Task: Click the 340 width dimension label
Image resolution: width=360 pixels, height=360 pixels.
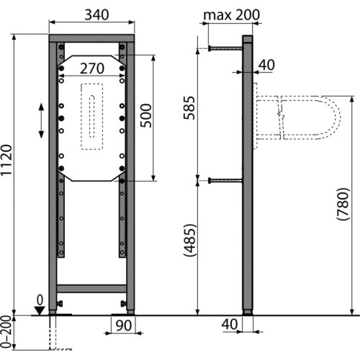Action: [96, 14]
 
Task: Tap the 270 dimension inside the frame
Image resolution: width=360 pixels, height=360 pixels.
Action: [92, 68]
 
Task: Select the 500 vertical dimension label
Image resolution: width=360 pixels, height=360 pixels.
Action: [146, 116]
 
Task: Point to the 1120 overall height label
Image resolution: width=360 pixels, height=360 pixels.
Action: [6, 160]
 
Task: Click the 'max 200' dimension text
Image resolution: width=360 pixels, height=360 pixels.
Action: [231, 15]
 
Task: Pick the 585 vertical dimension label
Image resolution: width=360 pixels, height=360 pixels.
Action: [189, 108]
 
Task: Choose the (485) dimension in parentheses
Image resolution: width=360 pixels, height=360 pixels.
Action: [189, 240]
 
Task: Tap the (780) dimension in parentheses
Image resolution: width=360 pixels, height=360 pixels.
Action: [343, 204]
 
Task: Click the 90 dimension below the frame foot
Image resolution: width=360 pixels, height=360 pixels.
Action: [124, 325]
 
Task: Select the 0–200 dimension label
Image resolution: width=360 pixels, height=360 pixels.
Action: [6, 332]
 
